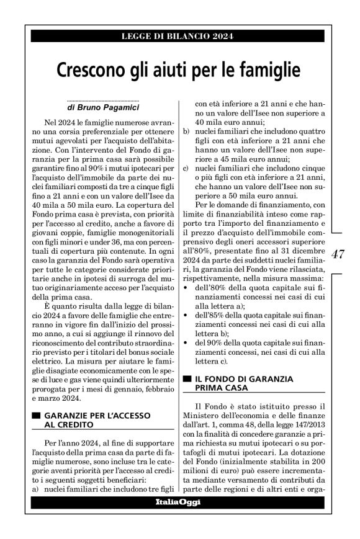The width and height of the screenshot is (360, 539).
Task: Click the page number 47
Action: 339,254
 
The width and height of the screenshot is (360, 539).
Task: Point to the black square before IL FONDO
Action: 186,378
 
